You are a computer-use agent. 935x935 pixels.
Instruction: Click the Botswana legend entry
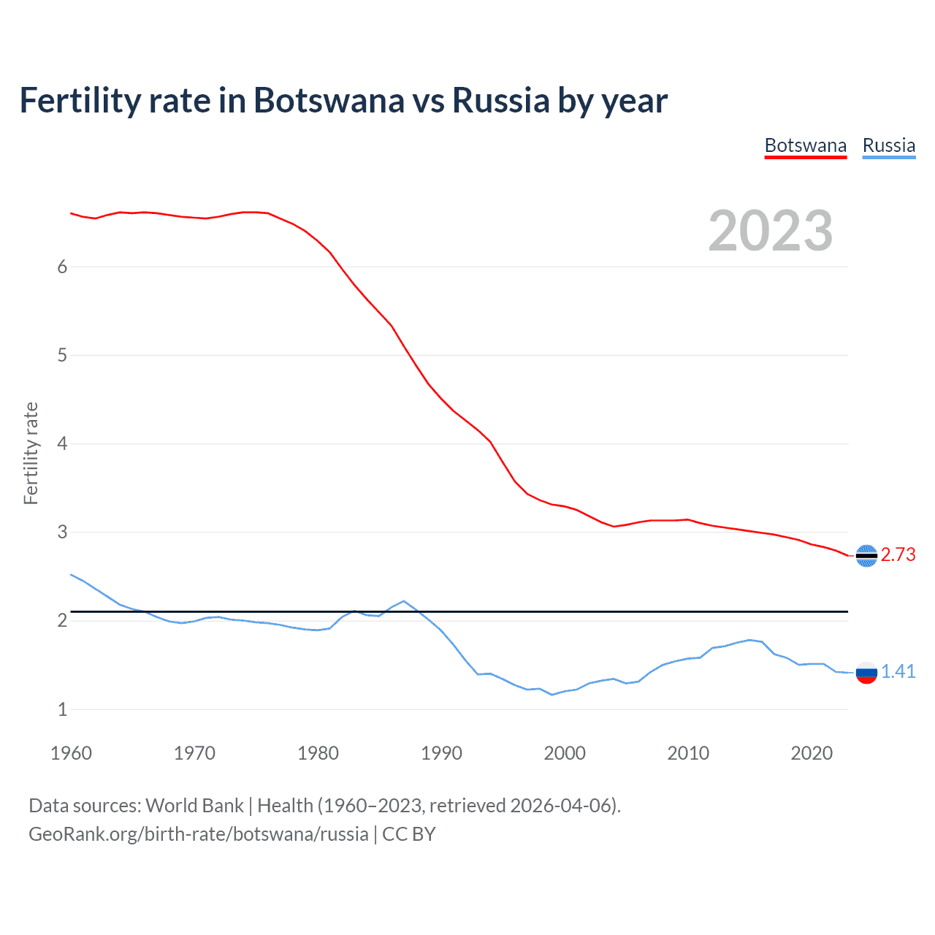coord(805,145)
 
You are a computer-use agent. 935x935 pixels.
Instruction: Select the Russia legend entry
coord(888,145)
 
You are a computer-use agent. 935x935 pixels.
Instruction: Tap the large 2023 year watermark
coord(770,231)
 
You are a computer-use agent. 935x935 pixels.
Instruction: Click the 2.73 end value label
coord(898,555)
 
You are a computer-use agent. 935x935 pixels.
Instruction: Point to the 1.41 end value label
coord(898,672)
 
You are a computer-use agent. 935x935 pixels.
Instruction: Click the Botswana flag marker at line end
coord(866,556)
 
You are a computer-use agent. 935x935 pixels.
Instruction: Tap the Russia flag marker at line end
coord(866,673)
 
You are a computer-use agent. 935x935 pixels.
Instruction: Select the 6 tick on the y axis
coord(62,267)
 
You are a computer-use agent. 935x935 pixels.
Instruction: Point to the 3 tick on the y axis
coord(62,533)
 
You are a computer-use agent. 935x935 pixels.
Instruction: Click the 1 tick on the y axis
coord(62,709)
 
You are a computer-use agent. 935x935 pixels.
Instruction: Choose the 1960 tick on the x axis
coord(71,753)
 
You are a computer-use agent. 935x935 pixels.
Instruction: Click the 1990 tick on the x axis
coord(441,753)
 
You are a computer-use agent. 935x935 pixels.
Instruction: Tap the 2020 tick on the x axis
coord(812,753)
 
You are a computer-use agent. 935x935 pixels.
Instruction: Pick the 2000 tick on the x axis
coord(565,753)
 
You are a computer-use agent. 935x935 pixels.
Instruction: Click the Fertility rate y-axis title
coord(31,453)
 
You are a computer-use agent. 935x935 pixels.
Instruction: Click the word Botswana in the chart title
coord(328,101)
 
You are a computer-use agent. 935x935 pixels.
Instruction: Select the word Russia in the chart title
coord(500,101)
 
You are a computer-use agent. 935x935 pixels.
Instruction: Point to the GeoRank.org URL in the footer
coord(198,834)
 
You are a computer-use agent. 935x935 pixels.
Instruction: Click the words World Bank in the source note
coord(194,806)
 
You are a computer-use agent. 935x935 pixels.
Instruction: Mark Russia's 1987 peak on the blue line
coord(404,601)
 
